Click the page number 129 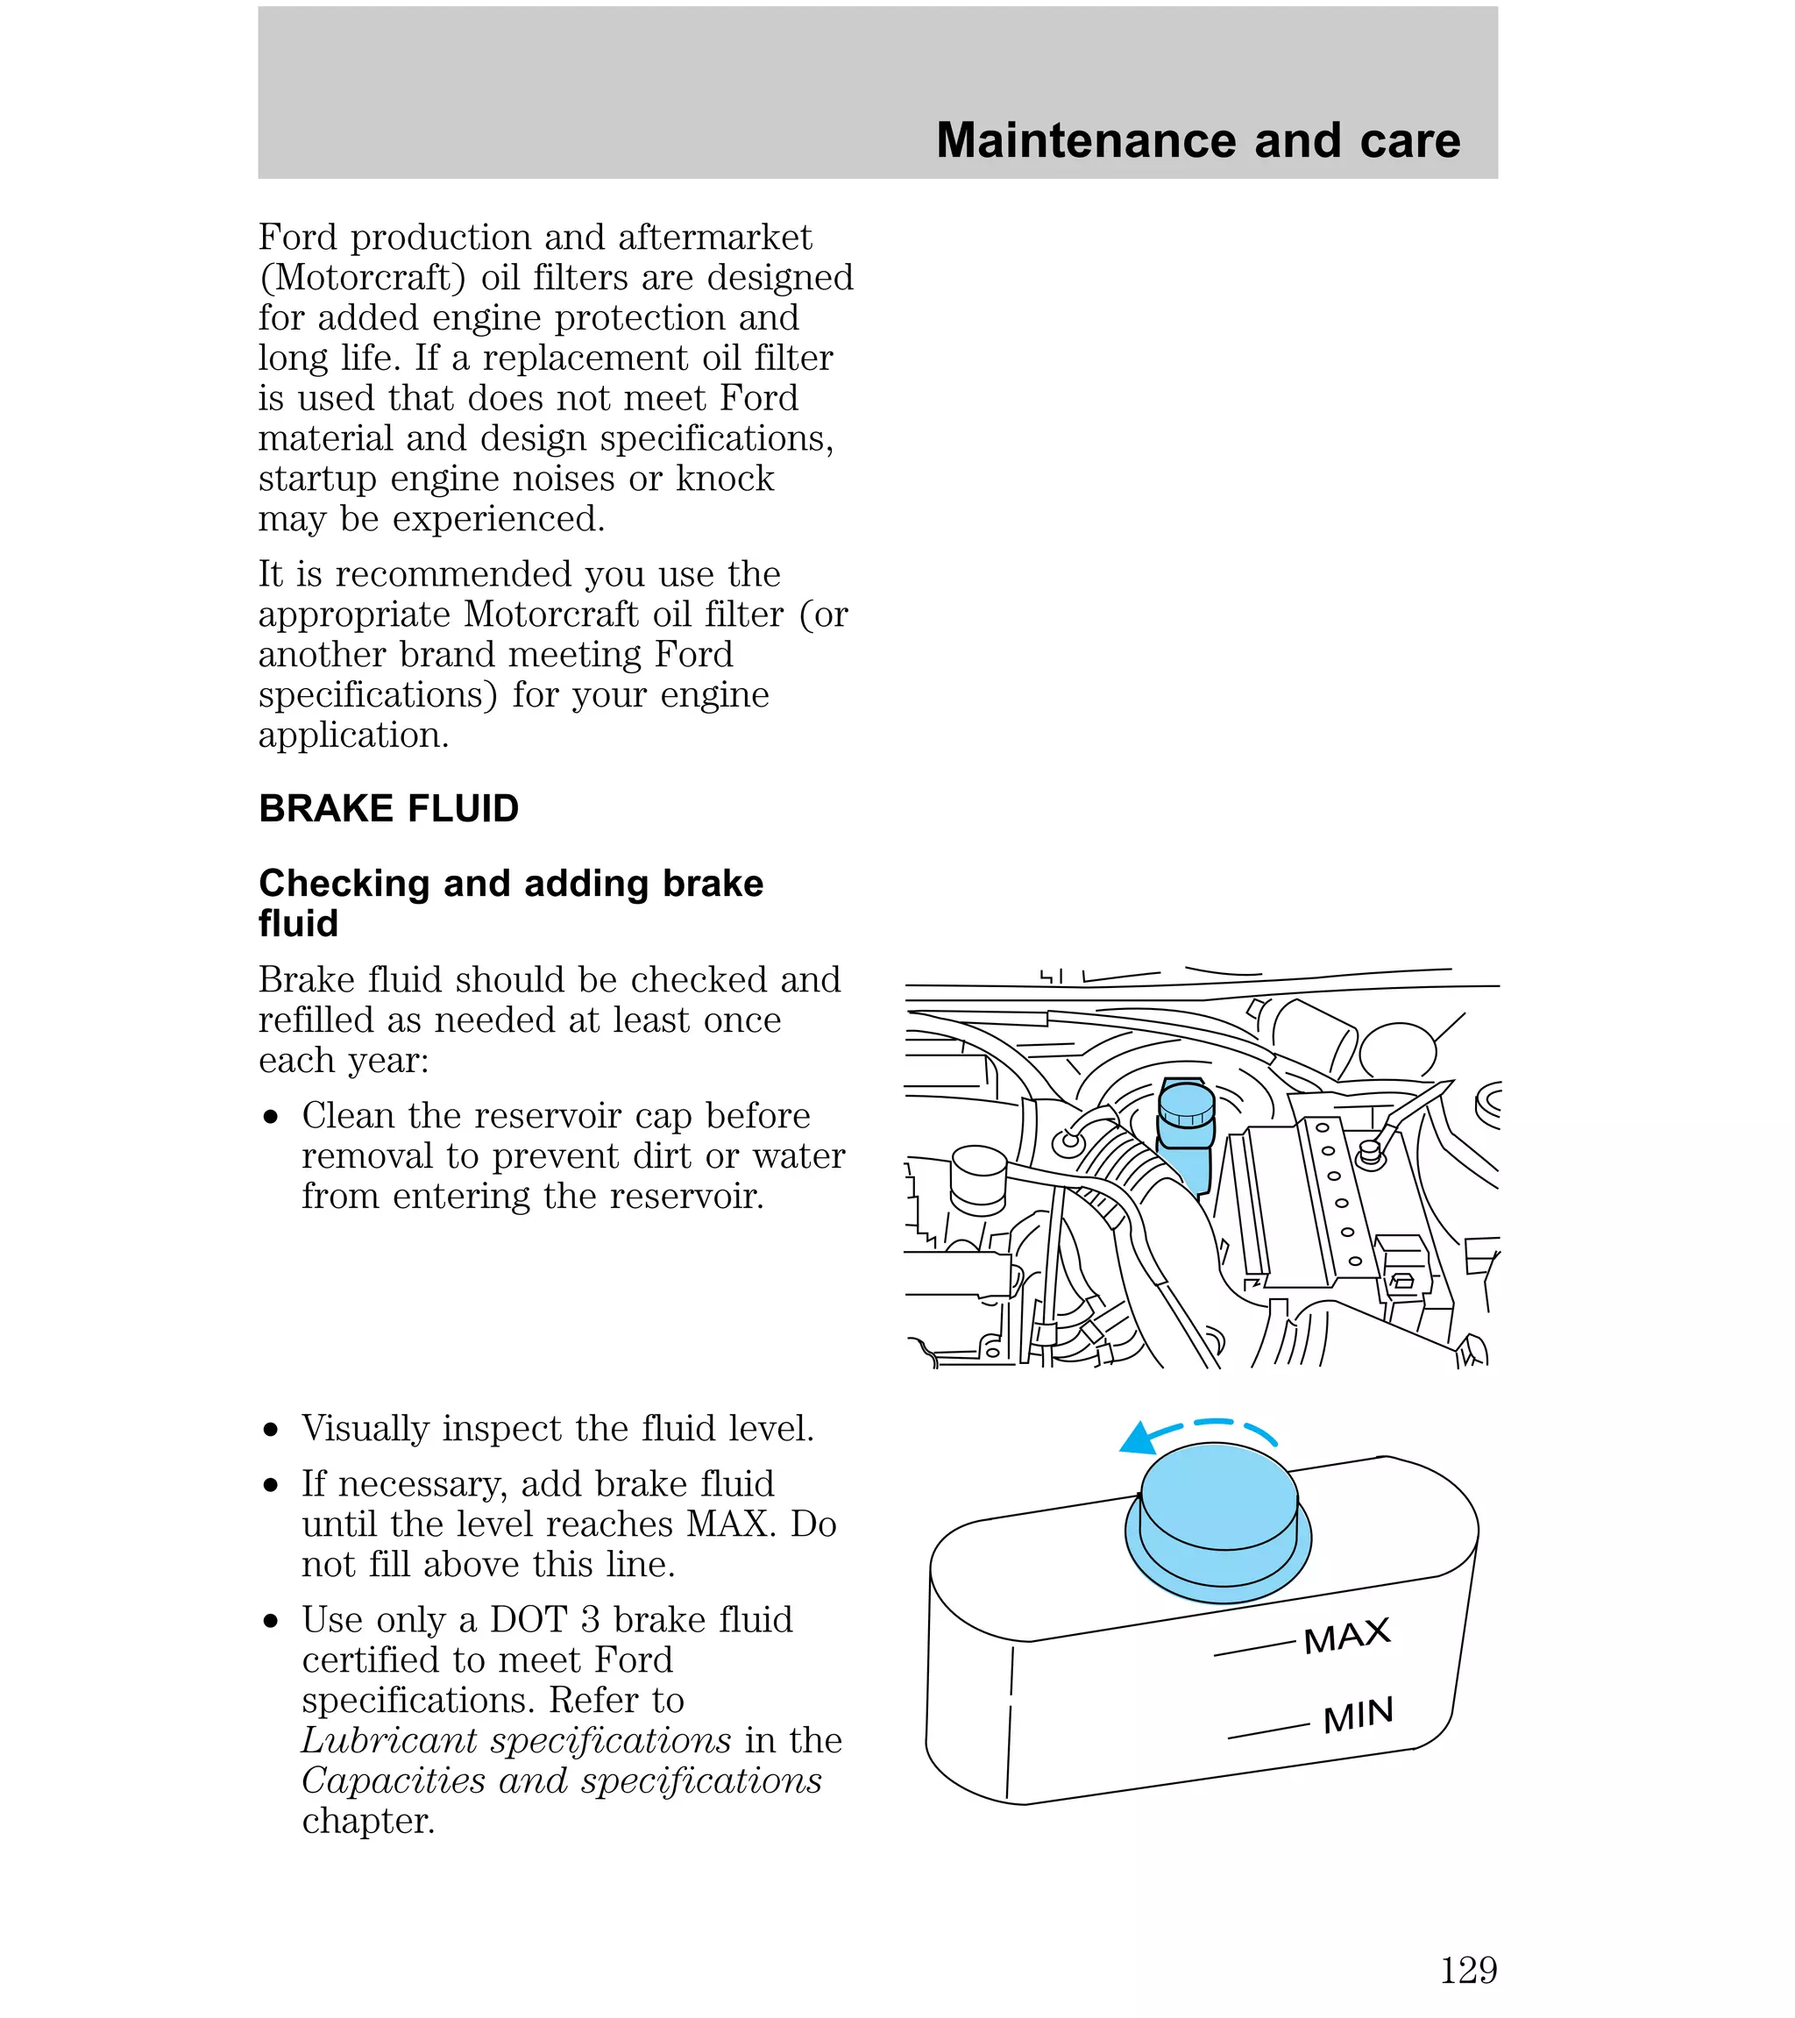click(1468, 1971)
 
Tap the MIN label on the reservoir click(1358, 1716)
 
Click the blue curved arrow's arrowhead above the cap click(1138, 1440)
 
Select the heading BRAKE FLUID click(388, 808)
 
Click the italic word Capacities click(393, 1780)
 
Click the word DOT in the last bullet click(529, 1619)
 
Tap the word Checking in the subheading click(344, 884)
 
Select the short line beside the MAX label click(1254, 1649)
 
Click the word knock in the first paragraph click(725, 478)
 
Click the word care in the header click(1409, 140)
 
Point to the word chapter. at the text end click(368, 1821)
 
